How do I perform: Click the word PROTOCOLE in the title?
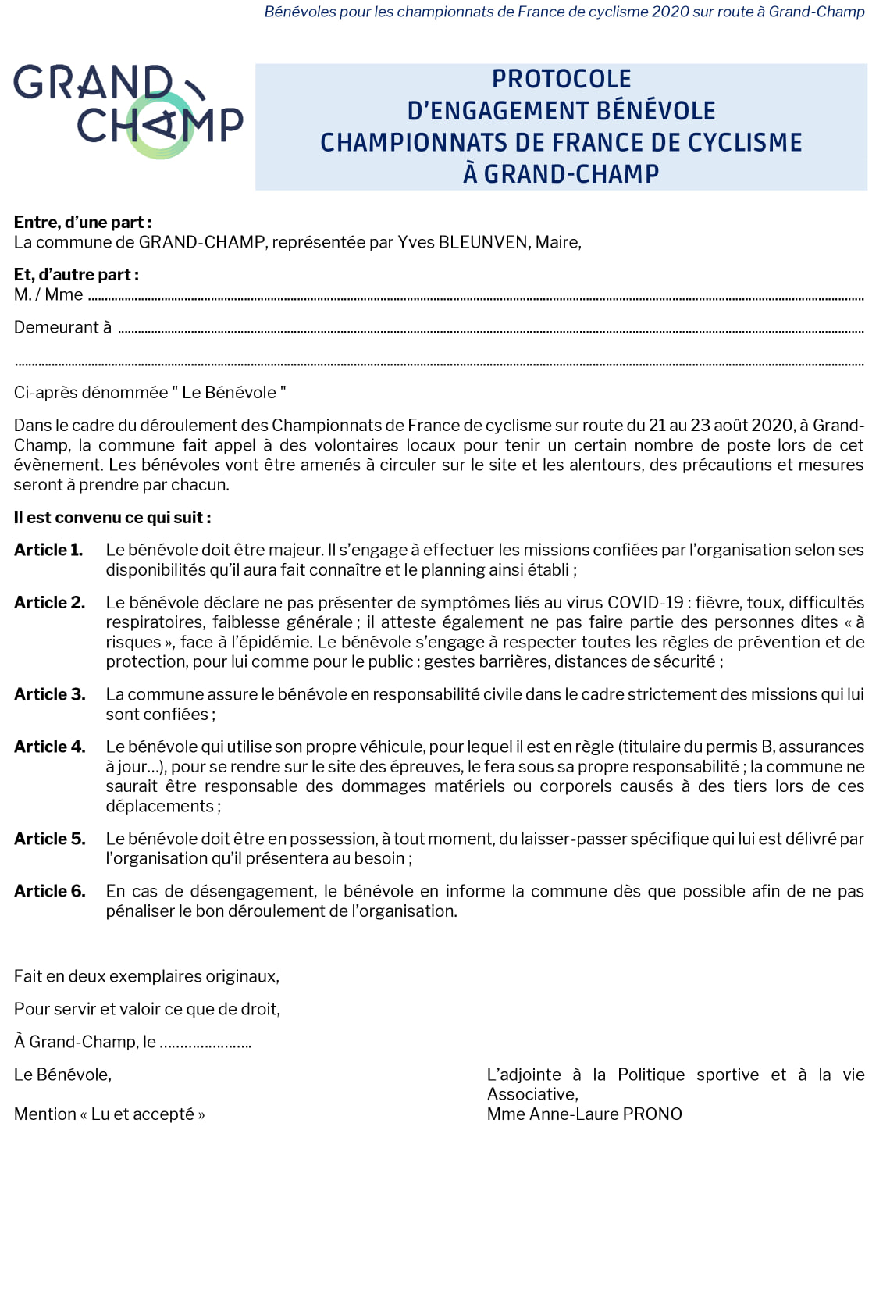561,79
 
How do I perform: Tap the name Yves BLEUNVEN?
462,242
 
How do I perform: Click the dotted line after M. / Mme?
476,298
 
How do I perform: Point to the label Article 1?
48,550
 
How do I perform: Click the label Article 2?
49,602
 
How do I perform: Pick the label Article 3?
49,694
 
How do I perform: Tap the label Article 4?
49,747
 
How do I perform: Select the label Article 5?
49,839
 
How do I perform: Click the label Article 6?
49,891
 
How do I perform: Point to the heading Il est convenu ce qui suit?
112,517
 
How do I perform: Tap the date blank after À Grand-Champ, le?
205,1043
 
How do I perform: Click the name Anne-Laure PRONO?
605,1114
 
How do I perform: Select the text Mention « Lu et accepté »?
109,1114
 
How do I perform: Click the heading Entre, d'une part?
83,223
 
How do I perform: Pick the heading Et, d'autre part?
77,275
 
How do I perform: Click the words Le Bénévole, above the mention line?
62,1075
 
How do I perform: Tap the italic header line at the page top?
564,12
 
